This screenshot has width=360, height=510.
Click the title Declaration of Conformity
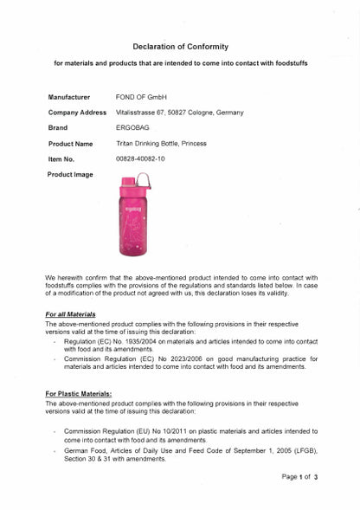point(180,46)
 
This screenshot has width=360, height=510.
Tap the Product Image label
point(71,175)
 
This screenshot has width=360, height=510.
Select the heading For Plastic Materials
point(79,393)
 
